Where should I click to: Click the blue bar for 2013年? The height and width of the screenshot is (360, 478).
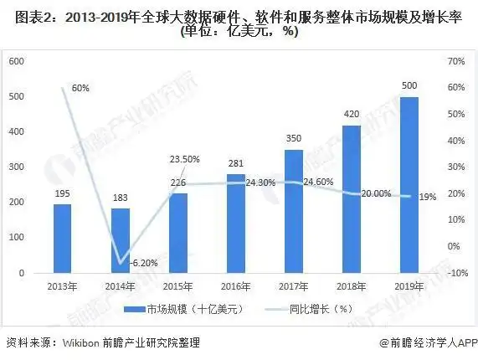(x=62, y=239)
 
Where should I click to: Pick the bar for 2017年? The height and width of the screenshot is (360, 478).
(x=293, y=211)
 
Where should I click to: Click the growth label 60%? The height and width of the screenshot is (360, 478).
(x=80, y=87)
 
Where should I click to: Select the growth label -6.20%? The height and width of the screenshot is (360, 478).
(x=144, y=263)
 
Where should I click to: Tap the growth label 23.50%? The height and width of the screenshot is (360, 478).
(x=184, y=159)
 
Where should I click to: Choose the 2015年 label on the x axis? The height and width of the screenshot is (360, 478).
(x=178, y=285)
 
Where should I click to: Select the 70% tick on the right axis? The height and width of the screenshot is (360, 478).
(x=456, y=61)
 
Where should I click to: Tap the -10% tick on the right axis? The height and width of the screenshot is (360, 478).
(x=455, y=273)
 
